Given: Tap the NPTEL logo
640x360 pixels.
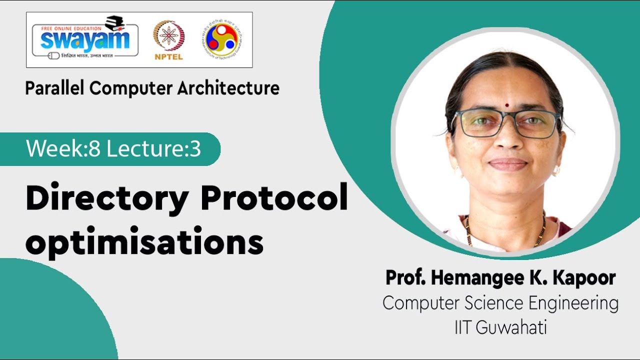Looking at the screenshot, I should click(168, 40).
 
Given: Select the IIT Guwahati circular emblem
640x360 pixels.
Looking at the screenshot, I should click(221, 39).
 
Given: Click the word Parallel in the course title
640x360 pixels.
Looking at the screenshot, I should click(55, 88).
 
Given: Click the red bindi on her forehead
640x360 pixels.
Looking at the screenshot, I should click(506, 92).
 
